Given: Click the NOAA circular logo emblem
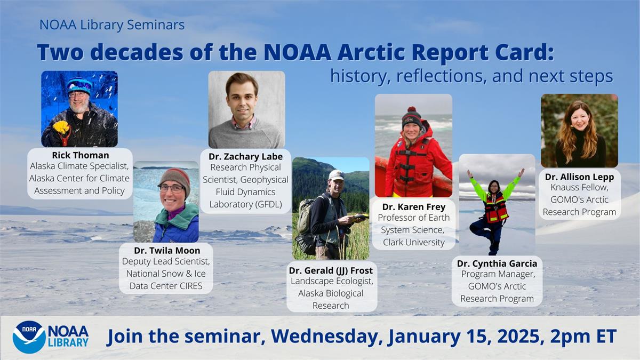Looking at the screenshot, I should [x=29, y=337].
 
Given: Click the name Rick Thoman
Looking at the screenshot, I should [x=80, y=155].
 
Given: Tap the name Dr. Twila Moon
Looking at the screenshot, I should [x=166, y=250].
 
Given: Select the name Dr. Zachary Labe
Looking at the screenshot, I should [x=245, y=156].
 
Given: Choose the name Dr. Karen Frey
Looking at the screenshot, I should [x=414, y=206].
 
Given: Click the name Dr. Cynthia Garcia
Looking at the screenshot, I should [x=497, y=263].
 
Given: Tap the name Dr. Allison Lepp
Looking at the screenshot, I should [x=579, y=177].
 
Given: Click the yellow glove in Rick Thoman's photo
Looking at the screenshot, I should [x=61, y=127].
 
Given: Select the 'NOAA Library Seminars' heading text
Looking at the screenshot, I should [x=112, y=25].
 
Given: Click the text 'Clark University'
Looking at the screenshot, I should [x=413, y=242].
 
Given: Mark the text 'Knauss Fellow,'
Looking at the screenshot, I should [x=579, y=188].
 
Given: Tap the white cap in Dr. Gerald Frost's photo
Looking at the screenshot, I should [x=336, y=174].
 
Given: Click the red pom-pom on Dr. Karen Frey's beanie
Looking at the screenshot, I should [x=411, y=110].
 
